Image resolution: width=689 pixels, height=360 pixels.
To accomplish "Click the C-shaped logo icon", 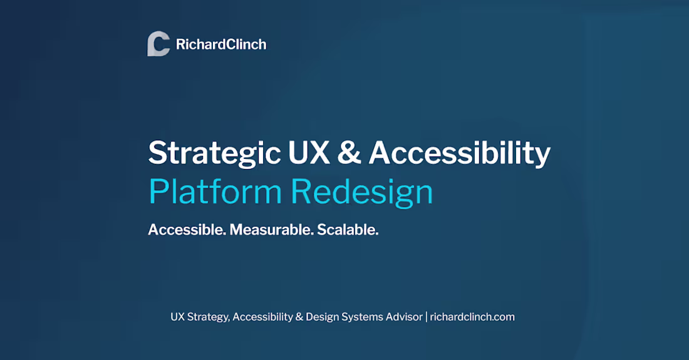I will (158, 44).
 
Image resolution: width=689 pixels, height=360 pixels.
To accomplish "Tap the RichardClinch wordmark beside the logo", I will (221, 44).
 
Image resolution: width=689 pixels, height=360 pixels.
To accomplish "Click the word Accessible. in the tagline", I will (187, 230).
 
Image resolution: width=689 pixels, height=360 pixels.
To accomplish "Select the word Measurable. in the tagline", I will (271, 230).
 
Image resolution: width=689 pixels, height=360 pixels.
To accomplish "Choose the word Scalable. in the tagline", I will (348, 230).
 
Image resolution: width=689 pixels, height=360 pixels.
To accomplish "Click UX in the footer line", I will (178, 317).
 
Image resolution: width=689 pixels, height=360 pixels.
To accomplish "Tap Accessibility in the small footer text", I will (263, 317).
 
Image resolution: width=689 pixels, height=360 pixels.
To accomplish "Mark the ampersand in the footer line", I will (299, 317).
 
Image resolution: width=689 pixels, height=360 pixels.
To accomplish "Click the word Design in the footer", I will (322, 317).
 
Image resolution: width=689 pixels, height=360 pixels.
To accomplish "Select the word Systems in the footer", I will (363, 317).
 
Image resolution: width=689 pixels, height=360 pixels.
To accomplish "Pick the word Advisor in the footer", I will (405, 317).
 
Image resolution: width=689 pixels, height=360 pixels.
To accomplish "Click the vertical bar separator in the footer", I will (426, 317).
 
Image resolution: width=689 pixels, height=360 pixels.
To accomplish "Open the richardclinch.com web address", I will (472, 317).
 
